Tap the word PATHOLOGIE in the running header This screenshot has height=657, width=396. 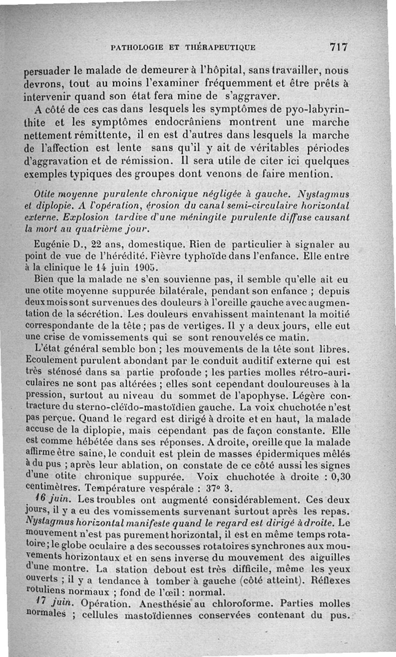point(136,48)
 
